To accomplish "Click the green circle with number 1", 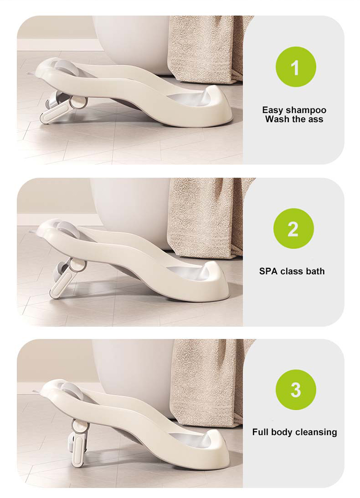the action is pos(296,67).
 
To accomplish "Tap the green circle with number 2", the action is pos(294,228).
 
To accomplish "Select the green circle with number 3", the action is pos(296,390).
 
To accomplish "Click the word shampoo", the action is pos(306,110).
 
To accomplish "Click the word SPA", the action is pos(268,271).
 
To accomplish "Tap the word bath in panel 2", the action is pos(315,271).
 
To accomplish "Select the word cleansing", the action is pos(316,433).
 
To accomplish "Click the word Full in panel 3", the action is pos(260,432).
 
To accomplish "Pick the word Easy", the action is pos(272,110).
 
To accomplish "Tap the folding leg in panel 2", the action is pos(67,277).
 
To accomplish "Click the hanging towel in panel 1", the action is pos(205,47).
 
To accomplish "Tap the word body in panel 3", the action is pos(282,433).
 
